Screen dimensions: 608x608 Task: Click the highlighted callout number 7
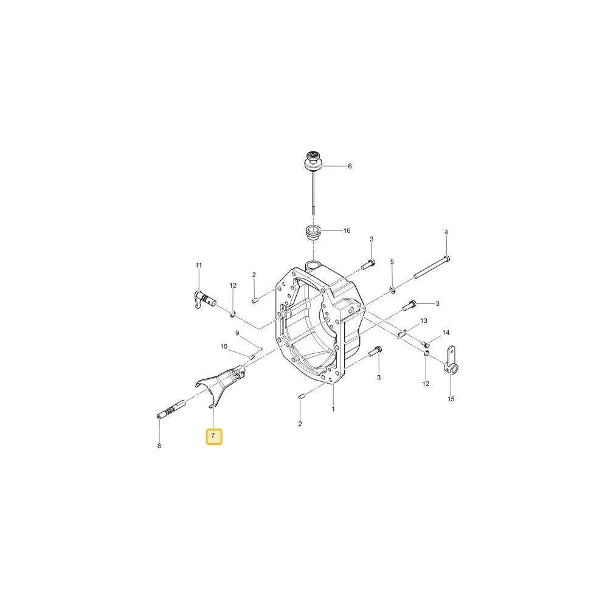click(x=213, y=436)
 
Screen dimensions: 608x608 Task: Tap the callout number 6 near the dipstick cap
click(x=350, y=167)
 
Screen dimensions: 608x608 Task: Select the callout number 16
click(x=347, y=230)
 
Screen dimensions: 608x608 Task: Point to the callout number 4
click(x=446, y=232)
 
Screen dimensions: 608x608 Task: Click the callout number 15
click(x=451, y=399)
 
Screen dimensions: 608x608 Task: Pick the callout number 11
click(x=199, y=265)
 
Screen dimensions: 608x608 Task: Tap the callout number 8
click(x=159, y=446)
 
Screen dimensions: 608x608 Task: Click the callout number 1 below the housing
click(x=333, y=409)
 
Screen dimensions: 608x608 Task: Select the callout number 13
click(x=423, y=320)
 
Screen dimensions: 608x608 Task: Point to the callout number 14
click(x=446, y=333)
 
